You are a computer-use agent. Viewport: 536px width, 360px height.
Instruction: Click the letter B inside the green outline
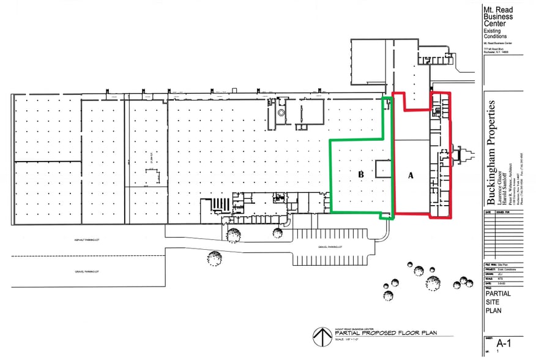tap(361, 175)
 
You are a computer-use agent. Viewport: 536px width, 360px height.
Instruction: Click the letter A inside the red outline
tap(411, 175)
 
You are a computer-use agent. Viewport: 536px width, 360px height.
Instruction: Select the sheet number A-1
tap(503, 343)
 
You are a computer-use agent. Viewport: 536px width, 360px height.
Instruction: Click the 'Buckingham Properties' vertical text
tap(489, 146)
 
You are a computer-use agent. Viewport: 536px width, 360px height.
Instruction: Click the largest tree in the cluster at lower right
tap(433, 283)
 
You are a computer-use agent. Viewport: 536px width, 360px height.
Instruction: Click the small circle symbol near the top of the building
tap(281, 113)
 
